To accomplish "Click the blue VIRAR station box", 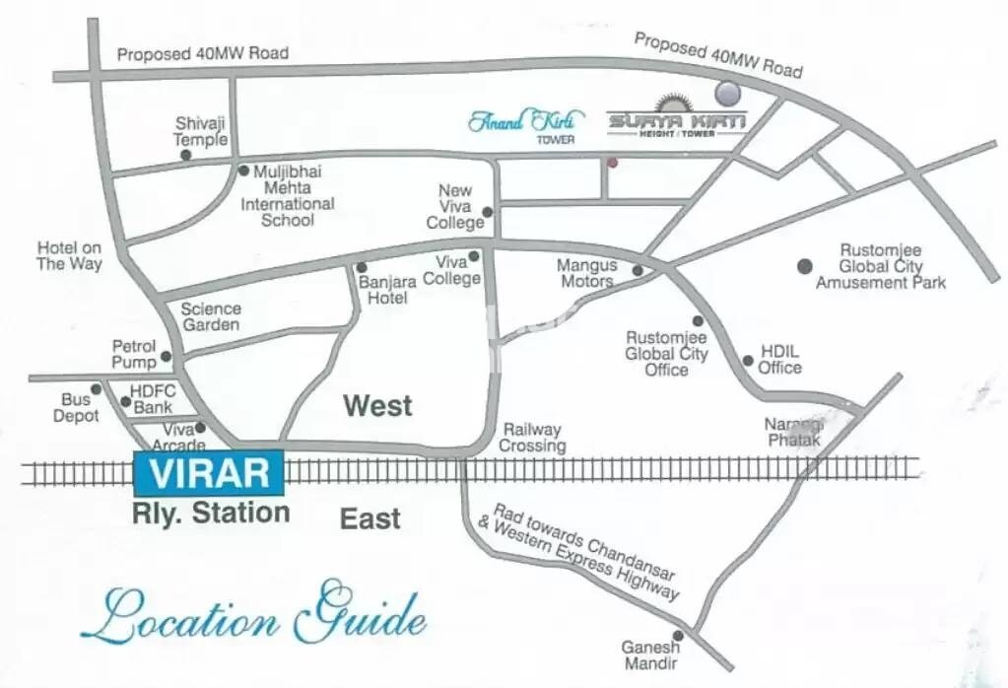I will pos(209,473).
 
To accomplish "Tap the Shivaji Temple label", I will pos(201,131).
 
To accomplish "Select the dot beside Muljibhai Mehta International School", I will pos(243,171).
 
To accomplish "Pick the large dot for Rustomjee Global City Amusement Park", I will pos(805,265).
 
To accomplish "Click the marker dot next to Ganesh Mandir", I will pos(677,636).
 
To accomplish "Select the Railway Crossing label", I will pos(533,438).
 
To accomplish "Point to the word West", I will pos(376,405).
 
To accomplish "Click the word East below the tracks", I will pos(370,518).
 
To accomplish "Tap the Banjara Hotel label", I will pos(382,290).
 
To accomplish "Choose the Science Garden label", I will pos(211,316).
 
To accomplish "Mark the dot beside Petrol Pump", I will pos(166,357).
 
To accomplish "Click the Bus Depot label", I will pos(76,408).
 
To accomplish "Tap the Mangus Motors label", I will pos(586,273).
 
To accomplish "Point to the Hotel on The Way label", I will pos(69,256).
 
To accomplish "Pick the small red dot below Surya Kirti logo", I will pos(612,163).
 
